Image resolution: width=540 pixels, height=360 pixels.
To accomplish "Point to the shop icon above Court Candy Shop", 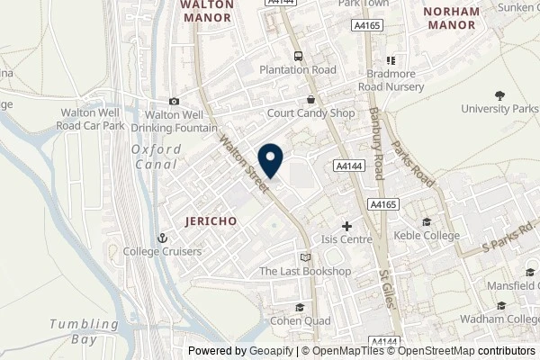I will coord(310,100).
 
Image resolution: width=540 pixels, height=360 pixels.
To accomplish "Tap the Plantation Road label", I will coord(298,68).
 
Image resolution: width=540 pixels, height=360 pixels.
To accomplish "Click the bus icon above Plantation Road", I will coord(298,54).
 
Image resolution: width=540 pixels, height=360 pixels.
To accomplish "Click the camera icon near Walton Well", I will coord(174,101).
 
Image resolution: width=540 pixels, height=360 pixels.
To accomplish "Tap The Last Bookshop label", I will coord(304,272).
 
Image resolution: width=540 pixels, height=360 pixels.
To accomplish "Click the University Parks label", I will coord(499,108).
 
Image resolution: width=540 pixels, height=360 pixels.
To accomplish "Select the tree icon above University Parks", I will coord(499,94).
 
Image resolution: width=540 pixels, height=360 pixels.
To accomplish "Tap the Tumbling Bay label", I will coord(84,331).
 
